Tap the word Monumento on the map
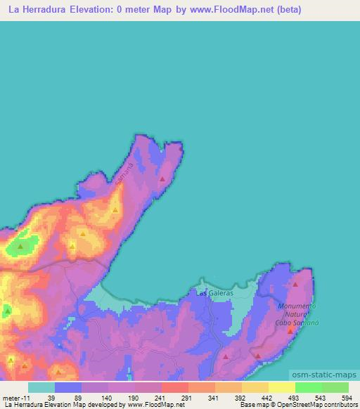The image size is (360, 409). [x=297, y=306]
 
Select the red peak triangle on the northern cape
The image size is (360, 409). [x=162, y=179]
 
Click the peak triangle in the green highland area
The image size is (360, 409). [x=20, y=247]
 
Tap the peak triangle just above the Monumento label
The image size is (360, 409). [x=295, y=285]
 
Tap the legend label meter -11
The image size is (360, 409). [x=14, y=398]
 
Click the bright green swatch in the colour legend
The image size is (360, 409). [x=308, y=387]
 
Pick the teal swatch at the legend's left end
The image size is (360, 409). [x=41, y=387]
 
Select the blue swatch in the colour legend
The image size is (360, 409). [x=67, y=387]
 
